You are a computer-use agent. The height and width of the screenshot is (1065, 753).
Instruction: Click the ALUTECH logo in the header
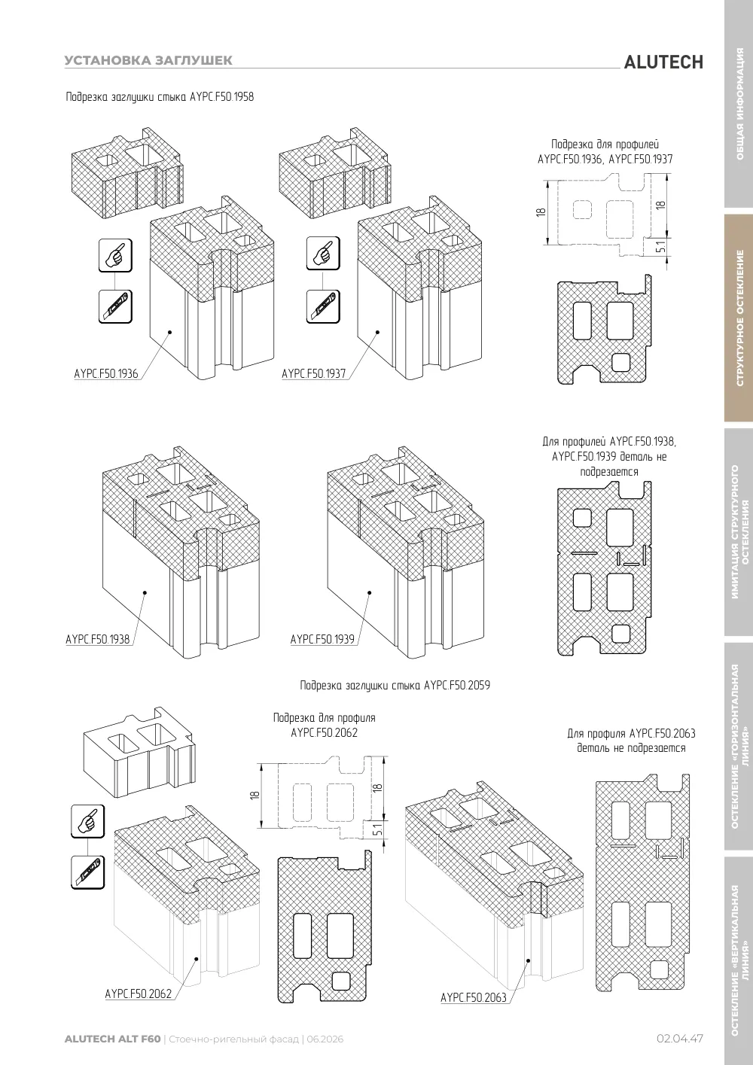[663, 62]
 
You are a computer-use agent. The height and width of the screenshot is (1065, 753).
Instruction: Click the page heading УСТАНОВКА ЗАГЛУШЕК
[148, 60]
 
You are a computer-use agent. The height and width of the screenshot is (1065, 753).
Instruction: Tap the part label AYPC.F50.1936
[106, 374]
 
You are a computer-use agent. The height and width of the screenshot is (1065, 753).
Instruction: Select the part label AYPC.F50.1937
[314, 374]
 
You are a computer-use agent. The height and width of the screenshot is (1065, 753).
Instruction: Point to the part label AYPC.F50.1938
[98, 639]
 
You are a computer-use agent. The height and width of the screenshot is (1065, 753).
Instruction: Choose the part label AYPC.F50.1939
[322, 639]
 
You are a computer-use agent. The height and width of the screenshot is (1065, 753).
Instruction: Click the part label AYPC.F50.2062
[139, 993]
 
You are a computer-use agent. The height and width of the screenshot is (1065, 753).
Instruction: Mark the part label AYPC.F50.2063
[474, 997]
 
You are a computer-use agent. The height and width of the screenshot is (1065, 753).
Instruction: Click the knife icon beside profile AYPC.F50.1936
[115, 306]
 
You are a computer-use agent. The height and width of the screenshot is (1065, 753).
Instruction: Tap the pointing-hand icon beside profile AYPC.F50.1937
[323, 253]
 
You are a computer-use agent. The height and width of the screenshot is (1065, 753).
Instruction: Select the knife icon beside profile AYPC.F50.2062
[87, 872]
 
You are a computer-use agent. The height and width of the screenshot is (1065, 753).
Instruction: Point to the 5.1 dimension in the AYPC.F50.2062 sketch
[378, 829]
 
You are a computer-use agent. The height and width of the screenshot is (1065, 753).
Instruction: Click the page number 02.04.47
[680, 1039]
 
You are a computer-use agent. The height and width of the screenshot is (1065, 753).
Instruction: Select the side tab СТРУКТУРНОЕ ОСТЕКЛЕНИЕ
[739, 318]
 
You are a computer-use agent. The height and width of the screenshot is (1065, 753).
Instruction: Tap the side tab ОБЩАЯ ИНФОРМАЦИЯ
[739, 104]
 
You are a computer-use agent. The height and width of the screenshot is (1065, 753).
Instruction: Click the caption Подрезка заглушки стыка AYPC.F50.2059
[395, 685]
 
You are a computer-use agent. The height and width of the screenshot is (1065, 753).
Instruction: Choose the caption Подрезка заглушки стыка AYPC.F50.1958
[160, 97]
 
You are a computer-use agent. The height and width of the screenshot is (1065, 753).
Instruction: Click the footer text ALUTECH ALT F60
[113, 1039]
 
